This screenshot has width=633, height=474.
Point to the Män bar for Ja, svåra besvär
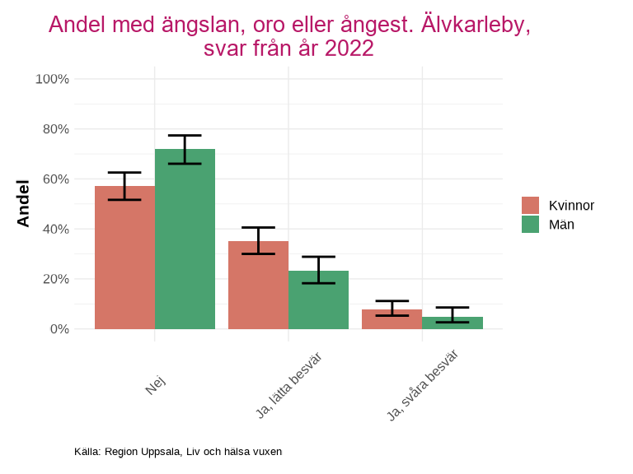[452, 323]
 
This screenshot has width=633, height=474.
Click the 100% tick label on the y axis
[52, 79]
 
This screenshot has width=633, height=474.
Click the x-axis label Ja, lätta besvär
[288, 385]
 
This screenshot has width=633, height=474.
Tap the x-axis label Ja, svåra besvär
[423, 385]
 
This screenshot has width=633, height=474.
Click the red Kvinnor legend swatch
[530, 206]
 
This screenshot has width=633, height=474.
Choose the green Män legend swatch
[530, 224]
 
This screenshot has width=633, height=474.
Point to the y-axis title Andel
[23, 203]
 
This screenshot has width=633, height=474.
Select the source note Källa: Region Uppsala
[178, 452]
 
